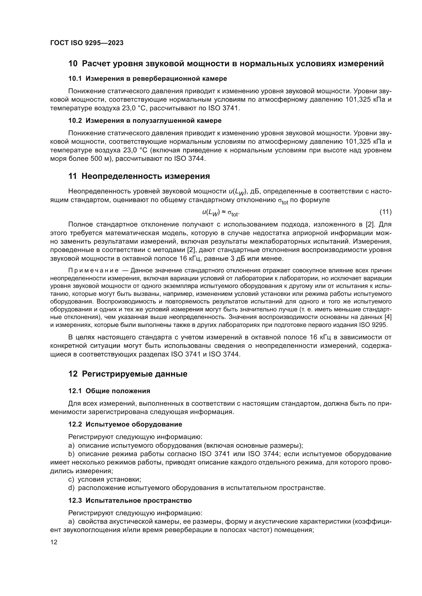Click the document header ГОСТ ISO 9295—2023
pyautogui.click(x=87, y=43)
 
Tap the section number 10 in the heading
pyautogui.click(x=73, y=64)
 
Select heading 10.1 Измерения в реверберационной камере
pyautogui.click(x=147, y=78)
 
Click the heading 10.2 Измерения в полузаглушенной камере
pyautogui.click(x=145, y=121)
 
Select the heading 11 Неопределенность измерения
pyautogui.click(x=139, y=176)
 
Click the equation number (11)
pyautogui.click(x=385, y=212)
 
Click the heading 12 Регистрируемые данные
pyautogui.click(x=128, y=374)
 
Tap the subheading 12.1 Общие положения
pyautogui.click(x=109, y=391)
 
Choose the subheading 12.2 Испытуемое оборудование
pyautogui.click(x=125, y=425)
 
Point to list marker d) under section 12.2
pyautogui.click(x=71, y=488)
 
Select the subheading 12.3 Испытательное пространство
pyautogui.click(x=130, y=500)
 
